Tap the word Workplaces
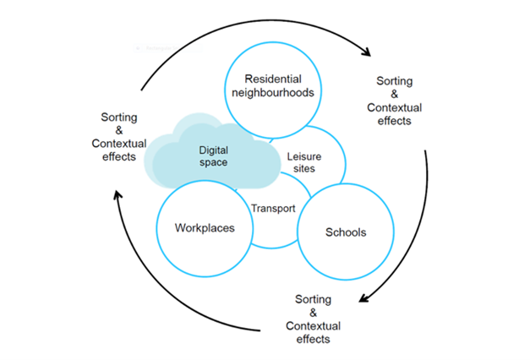(x=204, y=228)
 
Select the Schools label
(x=347, y=232)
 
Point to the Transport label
(x=273, y=208)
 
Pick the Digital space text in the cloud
(x=213, y=155)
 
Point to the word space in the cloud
(x=213, y=162)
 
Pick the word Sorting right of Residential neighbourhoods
(x=394, y=82)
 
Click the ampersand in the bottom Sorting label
(x=313, y=313)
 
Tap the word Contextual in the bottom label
(x=313, y=325)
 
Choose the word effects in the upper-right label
(x=394, y=121)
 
